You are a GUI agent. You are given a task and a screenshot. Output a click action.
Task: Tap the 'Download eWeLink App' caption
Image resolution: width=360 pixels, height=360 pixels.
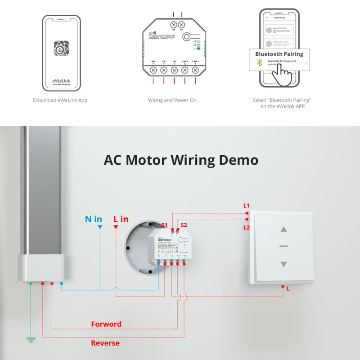[x=60, y=100]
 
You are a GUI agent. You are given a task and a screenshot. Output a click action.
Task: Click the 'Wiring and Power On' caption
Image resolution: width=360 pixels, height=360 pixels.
[x=172, y=100]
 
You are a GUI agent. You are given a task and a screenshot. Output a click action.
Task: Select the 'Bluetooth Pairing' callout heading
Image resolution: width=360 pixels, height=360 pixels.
[x=279, y=54]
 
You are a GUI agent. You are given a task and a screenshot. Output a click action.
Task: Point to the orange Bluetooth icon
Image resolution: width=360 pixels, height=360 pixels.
[x=259, y=63]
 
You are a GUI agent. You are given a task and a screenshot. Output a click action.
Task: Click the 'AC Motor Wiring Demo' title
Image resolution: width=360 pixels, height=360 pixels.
[x=181, y=160]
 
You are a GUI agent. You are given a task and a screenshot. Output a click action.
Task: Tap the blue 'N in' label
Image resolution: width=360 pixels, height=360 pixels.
[x=94, y=220]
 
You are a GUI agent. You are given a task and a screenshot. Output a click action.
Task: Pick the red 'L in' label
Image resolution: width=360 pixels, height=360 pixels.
[x=121, y=220]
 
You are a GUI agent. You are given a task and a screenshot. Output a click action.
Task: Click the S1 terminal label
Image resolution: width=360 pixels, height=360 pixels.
[x=164, y=225]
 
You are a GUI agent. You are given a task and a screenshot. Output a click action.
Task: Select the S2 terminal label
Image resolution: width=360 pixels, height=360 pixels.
[x=184, y=225]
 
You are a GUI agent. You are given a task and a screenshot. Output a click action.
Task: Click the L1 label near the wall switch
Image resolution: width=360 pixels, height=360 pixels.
[x=247, y=206]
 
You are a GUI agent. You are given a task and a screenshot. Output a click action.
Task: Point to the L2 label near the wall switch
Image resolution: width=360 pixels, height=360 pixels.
[x=247, y=227]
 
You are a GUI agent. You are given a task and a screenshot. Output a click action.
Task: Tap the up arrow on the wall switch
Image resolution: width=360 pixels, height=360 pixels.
[x=283, y=229]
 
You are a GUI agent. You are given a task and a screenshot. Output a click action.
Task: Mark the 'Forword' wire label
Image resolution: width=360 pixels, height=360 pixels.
[x=106, y=324]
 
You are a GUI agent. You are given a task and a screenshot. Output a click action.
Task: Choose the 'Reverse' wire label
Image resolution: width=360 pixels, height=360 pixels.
[x=105, y=343]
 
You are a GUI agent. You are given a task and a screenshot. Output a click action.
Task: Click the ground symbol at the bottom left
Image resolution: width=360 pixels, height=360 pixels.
[x=31, y=340]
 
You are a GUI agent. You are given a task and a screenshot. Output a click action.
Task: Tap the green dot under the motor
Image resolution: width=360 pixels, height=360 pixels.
[x=31, y=283]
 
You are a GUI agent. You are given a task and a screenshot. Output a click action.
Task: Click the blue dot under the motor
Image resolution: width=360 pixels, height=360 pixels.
[x=62, y=283]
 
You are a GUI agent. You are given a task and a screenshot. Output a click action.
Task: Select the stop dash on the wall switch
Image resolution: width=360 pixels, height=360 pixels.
[x=283, y=247]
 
